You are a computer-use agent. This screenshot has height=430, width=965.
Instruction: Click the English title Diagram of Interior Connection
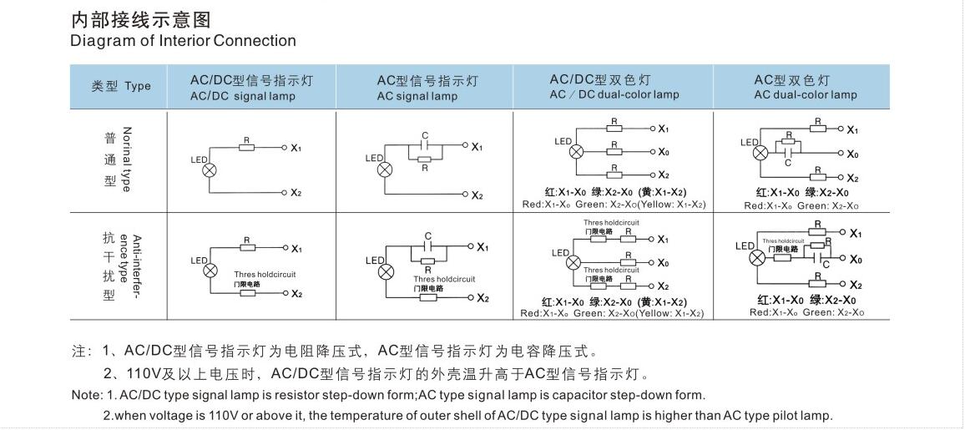[x=183, y=41]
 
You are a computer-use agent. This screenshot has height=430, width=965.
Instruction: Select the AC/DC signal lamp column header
[x=251, y=88]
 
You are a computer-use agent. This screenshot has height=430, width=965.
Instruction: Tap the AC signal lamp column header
[x=427, y=88]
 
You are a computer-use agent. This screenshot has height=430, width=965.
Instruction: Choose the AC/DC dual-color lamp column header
[x=614, y=87]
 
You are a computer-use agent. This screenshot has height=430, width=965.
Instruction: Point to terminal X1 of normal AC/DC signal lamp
[x=295, y=148]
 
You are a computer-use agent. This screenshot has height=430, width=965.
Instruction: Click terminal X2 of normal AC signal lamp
[x=476, y=195]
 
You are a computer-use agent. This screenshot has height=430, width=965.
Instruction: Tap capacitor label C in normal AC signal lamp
[x=425, y=134]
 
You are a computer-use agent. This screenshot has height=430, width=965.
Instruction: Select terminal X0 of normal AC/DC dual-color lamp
[x=663, y=152]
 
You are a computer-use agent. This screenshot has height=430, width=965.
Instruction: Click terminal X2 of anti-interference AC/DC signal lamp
[x=296, y=294]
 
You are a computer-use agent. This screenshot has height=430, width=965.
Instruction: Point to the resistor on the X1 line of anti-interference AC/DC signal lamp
[x=247, y=248]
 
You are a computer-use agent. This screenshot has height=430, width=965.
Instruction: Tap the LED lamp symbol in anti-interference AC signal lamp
[x=384, y=272]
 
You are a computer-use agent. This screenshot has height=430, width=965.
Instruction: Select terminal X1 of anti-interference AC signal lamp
[x=482, y=248]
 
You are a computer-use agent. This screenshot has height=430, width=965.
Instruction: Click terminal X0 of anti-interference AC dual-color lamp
[x=854, y=259]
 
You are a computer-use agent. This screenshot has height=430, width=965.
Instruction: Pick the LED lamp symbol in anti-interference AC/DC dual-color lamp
[x=573, y=262]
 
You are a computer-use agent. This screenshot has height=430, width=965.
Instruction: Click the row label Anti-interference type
[x=131, y=260]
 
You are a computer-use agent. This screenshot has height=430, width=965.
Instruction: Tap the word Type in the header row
[x=138, y=86]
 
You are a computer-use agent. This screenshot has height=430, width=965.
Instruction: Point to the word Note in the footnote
[x=86, y=395]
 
